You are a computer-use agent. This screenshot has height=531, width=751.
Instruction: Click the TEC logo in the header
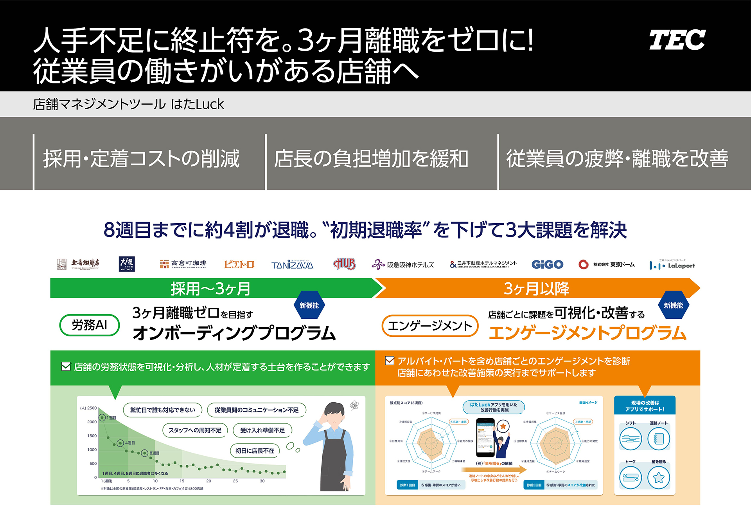(x=677, y=40)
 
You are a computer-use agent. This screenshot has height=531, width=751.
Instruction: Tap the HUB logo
(x=345, y=264)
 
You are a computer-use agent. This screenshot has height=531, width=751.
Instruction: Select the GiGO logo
(x=547, y=265)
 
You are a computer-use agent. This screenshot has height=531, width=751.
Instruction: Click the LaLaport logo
(x=672, y=265)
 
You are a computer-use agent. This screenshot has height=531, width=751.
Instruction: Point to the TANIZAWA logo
(x=292, y=265)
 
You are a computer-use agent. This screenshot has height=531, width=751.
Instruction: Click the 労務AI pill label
(x=90, y=325)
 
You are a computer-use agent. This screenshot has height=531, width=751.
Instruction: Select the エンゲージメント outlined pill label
(x=430, y=326)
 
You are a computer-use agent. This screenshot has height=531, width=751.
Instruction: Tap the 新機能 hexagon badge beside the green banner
(x=309, y=305)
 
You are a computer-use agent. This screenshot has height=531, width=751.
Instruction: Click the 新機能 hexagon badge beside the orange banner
(x=673, y=305)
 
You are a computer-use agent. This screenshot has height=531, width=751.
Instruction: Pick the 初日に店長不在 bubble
(x=255, y=451)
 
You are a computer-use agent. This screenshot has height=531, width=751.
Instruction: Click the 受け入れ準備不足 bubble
(x=262, y=430)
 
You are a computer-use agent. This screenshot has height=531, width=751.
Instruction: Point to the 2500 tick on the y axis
(x=92, y=408)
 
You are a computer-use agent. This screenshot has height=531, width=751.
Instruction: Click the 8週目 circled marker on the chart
(x=145, y=453)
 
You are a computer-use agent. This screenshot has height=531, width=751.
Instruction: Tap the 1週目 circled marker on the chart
(x=102, y=418)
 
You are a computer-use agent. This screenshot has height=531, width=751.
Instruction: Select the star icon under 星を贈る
(x=659, y=478)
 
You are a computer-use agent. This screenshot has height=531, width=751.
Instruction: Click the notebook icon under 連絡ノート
(x=659, y=439)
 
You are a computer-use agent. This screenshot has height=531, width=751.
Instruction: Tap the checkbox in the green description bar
(x=66, y=367)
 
